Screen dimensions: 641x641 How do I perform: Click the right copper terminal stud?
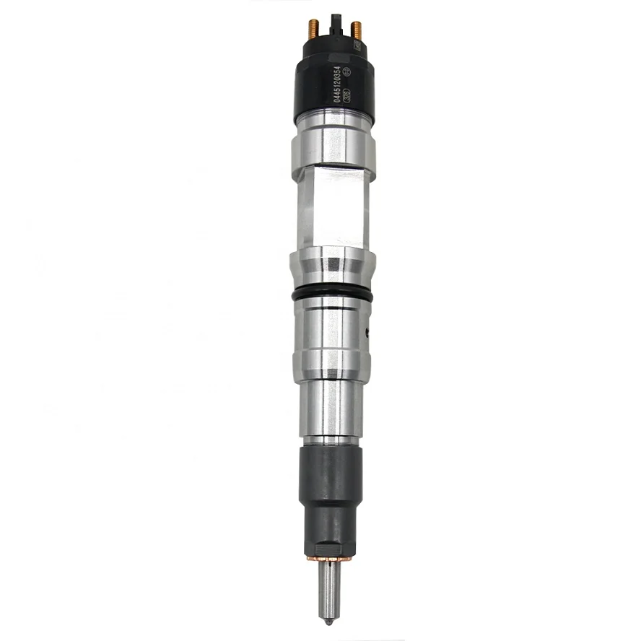[357, 31]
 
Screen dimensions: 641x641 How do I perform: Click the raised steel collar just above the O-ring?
[333, 267]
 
